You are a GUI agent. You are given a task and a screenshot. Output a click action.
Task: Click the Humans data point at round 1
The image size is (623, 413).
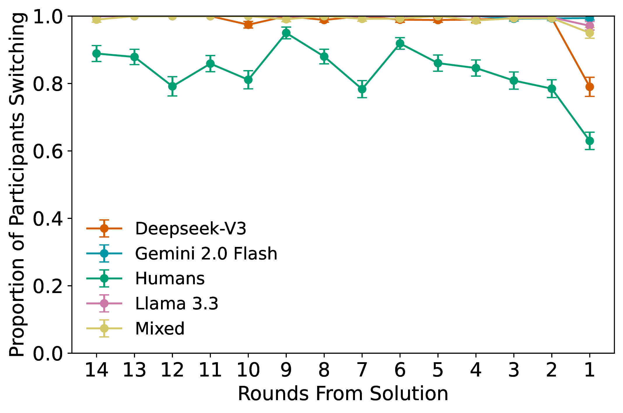point(589,141)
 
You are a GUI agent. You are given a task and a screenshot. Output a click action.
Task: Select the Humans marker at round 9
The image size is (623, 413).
point(286,33)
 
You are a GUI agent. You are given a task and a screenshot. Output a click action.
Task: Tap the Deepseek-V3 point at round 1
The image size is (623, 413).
point(589,87)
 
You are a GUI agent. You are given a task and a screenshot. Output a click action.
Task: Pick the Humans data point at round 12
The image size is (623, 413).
point(172,86)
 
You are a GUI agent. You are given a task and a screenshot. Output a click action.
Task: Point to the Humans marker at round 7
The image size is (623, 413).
point(362,89)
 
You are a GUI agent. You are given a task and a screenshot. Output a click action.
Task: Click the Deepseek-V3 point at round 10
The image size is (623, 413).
point(248,25)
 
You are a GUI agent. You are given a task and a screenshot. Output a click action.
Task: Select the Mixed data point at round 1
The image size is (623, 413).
point(589,33)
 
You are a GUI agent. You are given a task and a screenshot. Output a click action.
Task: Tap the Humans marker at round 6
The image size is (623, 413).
point(400,43)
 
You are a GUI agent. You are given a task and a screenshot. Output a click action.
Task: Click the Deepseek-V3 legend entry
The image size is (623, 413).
point(190,228)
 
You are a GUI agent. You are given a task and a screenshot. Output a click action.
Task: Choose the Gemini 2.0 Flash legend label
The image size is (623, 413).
point(206,253)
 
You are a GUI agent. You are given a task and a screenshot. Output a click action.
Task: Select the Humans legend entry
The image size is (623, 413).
point(170,278)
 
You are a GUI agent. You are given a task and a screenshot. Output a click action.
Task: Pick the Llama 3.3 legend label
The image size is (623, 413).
point(176,304)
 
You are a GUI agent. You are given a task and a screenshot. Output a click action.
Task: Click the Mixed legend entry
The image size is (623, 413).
point(160,329)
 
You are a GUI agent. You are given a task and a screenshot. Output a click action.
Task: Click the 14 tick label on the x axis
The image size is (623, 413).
point(96,370)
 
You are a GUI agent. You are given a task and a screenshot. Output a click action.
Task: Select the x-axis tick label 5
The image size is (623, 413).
point(438,370)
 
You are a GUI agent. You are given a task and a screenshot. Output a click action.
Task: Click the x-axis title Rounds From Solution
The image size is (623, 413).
point(343,394)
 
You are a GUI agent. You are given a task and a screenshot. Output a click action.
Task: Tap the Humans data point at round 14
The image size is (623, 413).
point(97,54)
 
